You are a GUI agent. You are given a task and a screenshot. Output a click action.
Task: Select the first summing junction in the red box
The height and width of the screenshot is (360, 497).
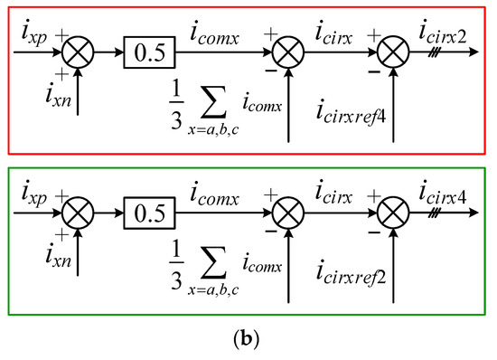click(x=79, y=53)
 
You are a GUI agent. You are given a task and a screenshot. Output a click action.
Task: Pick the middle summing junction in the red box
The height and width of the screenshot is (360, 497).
click(x=288, y=53)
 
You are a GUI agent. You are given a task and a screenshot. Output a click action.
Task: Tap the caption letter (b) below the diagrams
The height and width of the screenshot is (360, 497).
click(x=248, y=341)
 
